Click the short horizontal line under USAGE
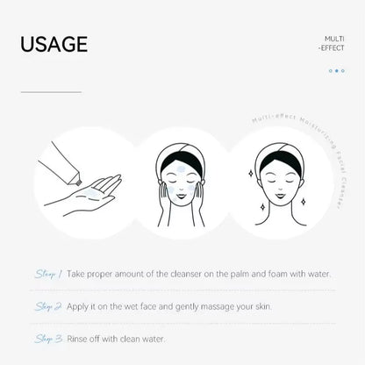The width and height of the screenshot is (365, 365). coord(51,91)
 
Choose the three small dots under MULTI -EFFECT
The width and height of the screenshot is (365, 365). coord(337,71)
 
